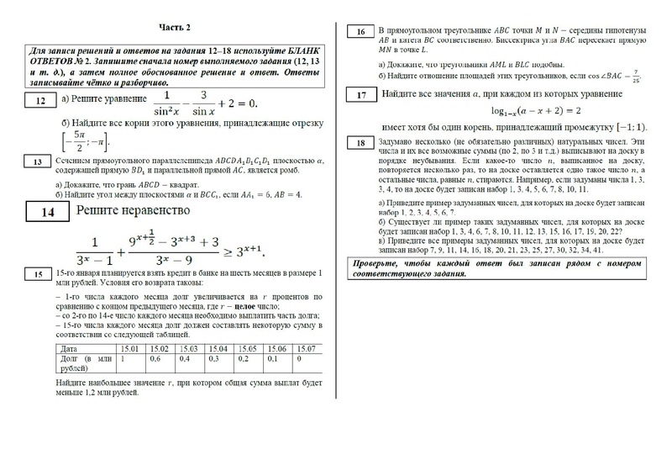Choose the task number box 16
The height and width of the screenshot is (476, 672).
pos(360,33)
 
